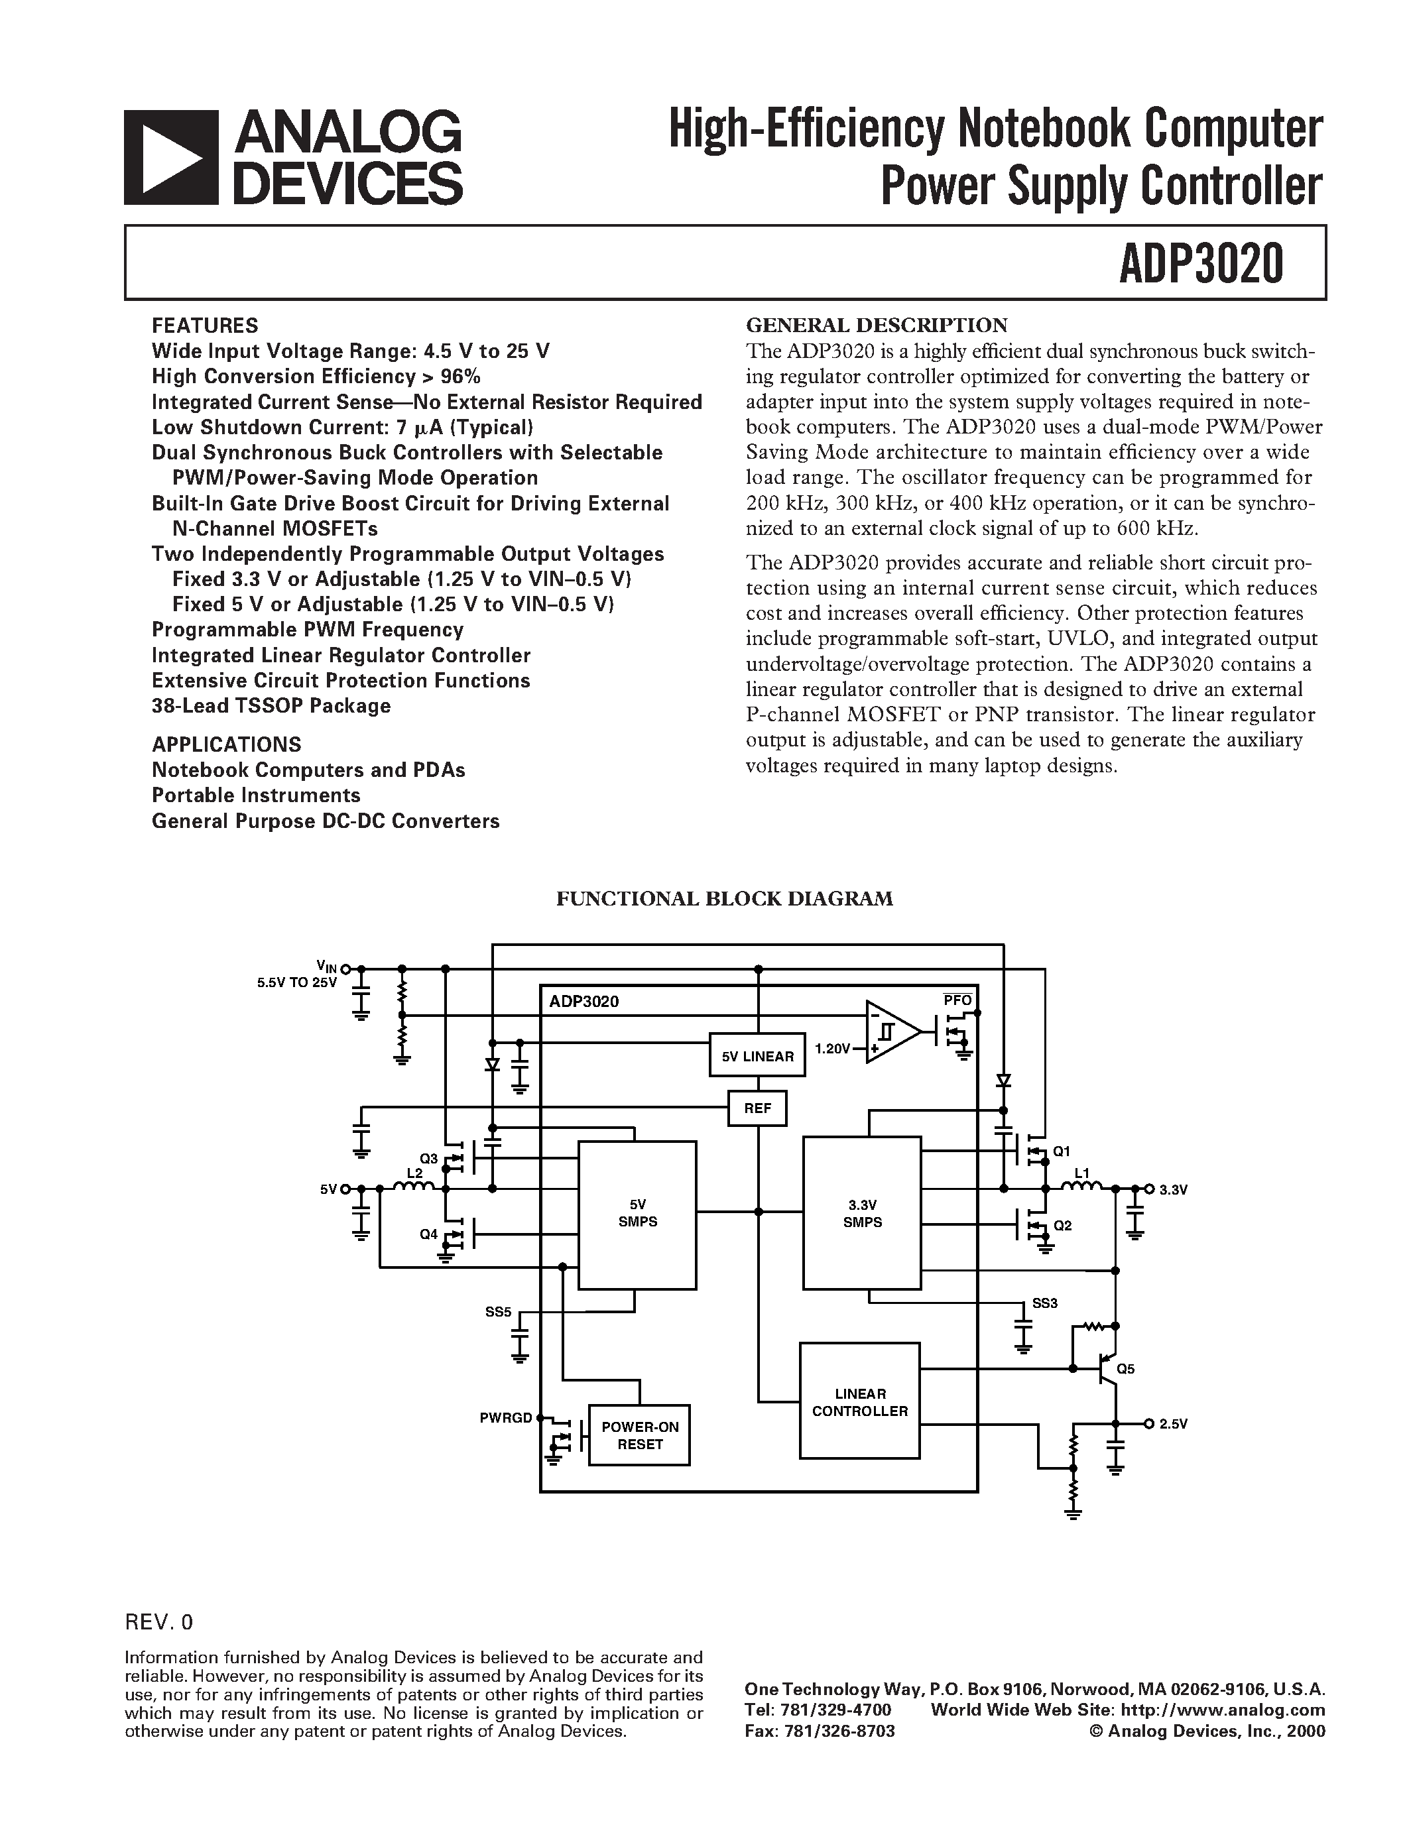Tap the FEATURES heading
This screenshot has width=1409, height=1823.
(204, 325)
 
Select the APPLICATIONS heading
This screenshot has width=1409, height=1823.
(226, 744)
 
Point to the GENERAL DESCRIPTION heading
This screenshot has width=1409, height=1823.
(877, 325)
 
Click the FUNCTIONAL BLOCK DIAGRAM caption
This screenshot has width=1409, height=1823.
(725, 898)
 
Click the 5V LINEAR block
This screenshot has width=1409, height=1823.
(757, 1056)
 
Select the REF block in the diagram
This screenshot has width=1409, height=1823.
(757, 1108)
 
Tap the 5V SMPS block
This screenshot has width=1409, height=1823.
(638, 1214)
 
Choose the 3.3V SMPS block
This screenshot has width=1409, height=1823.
(862, 1214)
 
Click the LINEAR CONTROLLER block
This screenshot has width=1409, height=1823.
(860, 1402)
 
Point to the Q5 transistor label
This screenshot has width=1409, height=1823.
(1125, 1369)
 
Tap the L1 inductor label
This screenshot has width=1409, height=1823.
(1082, 1173)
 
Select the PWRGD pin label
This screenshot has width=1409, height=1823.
(505, 1417)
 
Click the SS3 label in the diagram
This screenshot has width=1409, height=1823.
(1044, 1303)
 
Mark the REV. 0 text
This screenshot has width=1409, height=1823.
(158, 1622)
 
